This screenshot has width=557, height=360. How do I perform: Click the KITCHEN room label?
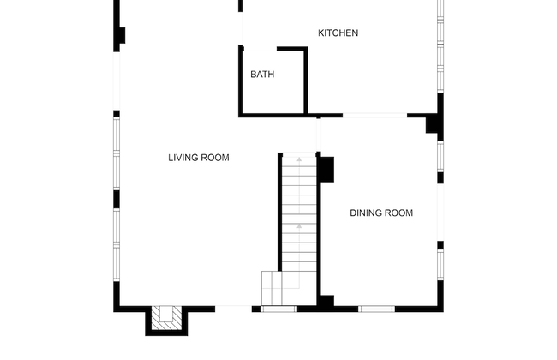(338, 33)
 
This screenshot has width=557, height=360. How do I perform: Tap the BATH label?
(262, 75)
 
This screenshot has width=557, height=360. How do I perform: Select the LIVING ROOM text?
(199, 158)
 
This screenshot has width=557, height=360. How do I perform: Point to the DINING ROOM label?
(381, 213)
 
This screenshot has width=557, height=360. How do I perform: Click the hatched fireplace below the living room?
(166, 318)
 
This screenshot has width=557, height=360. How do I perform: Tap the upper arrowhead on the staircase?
(299, 159)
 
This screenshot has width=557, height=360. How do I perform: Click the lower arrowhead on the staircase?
(299, 226)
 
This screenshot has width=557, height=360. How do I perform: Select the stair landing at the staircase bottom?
(272, 288)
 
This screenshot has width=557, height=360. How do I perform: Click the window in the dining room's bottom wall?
(376, 309)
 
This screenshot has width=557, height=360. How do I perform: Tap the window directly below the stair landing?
(278, 309)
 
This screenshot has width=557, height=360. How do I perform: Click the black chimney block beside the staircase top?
(327, 170)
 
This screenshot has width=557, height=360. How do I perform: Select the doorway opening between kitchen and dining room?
(374, 116)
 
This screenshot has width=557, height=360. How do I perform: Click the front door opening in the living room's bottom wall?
(233, 309)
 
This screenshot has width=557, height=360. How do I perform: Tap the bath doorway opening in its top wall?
(260, 49)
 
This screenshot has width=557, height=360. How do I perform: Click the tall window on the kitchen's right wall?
(440, 46)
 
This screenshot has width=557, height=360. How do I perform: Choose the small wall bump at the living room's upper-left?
(123, 35)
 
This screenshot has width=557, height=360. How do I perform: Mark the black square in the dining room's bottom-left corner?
(327, 301)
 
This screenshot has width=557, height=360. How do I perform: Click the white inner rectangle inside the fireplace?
(166, 314)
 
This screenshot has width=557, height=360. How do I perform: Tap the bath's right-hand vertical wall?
(306, 81)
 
